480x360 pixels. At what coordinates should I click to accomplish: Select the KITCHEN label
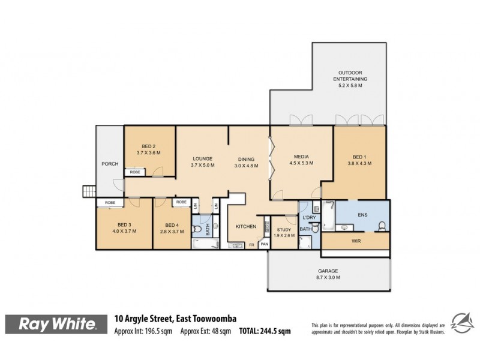point(245,226)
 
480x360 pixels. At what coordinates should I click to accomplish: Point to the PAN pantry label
point(264,244)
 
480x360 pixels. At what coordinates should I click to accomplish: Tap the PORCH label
point(110,164)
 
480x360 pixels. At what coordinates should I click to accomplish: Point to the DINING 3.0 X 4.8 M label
point(247,161)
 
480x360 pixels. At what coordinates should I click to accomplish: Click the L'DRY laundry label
point(310,217)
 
